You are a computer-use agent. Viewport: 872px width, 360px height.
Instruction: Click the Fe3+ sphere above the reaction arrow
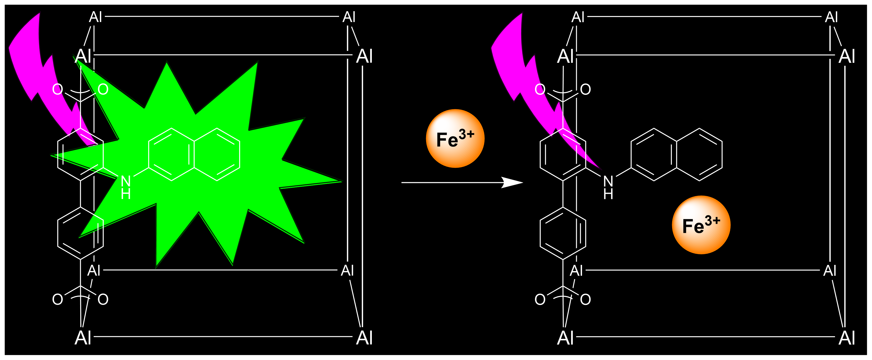pos(455,139)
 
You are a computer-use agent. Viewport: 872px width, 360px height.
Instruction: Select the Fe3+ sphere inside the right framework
pos(701,225)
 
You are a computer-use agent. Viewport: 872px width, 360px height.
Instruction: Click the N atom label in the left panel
pos(125,181)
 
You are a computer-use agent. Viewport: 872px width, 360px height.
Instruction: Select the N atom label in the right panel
pos(608,181)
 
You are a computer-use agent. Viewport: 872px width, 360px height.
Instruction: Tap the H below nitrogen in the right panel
pos(608,194)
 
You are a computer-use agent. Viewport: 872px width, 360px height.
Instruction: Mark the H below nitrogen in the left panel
pos(125,194)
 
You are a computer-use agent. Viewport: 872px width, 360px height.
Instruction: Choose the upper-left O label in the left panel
pos(58,89)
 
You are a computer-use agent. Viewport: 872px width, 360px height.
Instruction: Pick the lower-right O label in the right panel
pos(585,299)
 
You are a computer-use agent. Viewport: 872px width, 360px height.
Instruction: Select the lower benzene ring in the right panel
pos(563,233)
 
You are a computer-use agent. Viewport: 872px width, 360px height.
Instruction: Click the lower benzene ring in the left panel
pos(80,233)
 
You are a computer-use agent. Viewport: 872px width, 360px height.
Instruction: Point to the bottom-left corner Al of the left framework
pos(83,338)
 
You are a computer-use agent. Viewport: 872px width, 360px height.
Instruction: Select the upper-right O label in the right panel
pos(585,89)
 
